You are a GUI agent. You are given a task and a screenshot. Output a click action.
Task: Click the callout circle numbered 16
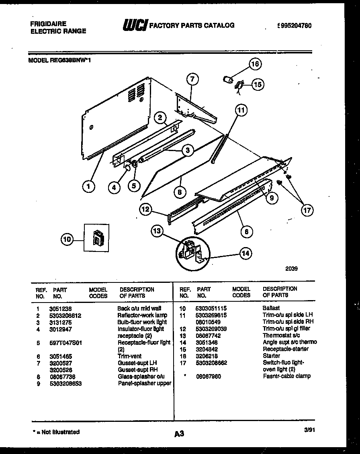click(x=255, y=63)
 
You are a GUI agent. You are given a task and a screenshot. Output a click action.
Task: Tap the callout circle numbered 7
click(x=192, y=79)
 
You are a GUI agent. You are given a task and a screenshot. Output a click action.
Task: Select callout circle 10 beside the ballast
click(x=67, y=240)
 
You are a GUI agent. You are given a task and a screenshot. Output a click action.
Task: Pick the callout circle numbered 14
click(x=246, y=253)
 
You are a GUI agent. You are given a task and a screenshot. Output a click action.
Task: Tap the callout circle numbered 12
click(x=146, y=209)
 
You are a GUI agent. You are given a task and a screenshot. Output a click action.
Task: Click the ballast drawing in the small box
click(x=97, y=238)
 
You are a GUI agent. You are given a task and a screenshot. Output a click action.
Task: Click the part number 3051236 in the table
click(x=57, y=309)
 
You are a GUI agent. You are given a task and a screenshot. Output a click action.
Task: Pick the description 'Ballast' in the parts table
click(x=271, y=308)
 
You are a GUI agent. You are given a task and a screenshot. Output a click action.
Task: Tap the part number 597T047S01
click(x=66, y=343)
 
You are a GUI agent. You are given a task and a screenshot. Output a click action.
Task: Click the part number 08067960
click(x=209, y=376)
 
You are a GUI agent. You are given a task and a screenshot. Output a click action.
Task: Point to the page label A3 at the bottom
click(x=179, y=434)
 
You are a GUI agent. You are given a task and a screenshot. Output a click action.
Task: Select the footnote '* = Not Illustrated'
click(x=56, y=432)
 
